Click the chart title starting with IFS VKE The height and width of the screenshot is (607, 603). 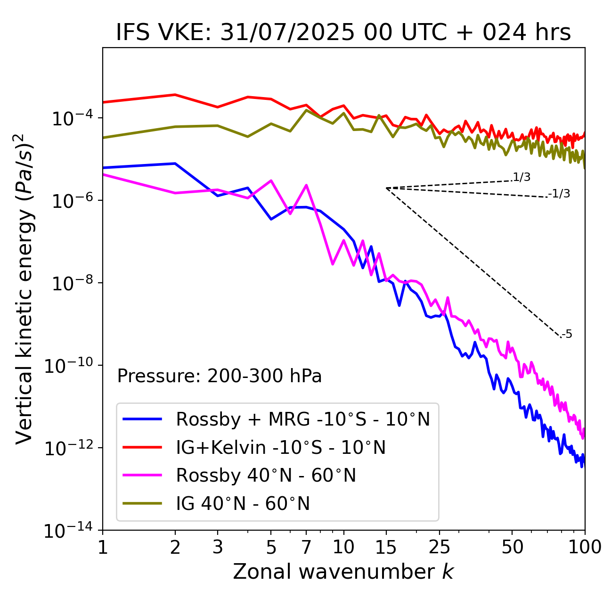coord(343,33)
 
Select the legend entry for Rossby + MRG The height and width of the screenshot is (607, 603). coord(303,419)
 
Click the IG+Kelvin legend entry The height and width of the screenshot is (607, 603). coord(281,447)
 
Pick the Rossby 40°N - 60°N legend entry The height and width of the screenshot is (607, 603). coord(266,476)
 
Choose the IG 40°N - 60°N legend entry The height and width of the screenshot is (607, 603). coord(243,504)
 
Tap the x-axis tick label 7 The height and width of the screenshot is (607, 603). coord(306,547)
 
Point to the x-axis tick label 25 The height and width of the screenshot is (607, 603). coord(439,547)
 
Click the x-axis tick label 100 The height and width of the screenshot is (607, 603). coord(584,547)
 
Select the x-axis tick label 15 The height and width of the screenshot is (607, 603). coord(386,547)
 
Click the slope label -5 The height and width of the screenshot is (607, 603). coord(567,334)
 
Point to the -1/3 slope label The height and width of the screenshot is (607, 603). coord(560,194)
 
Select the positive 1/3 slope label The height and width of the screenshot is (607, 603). coord(522,177)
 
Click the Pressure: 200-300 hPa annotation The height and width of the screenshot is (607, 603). coord(220,376)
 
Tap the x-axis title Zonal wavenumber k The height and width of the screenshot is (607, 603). coord(343,572)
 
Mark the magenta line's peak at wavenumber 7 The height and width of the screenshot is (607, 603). coord(306,185)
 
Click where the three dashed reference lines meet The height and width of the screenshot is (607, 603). coord(386,188)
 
